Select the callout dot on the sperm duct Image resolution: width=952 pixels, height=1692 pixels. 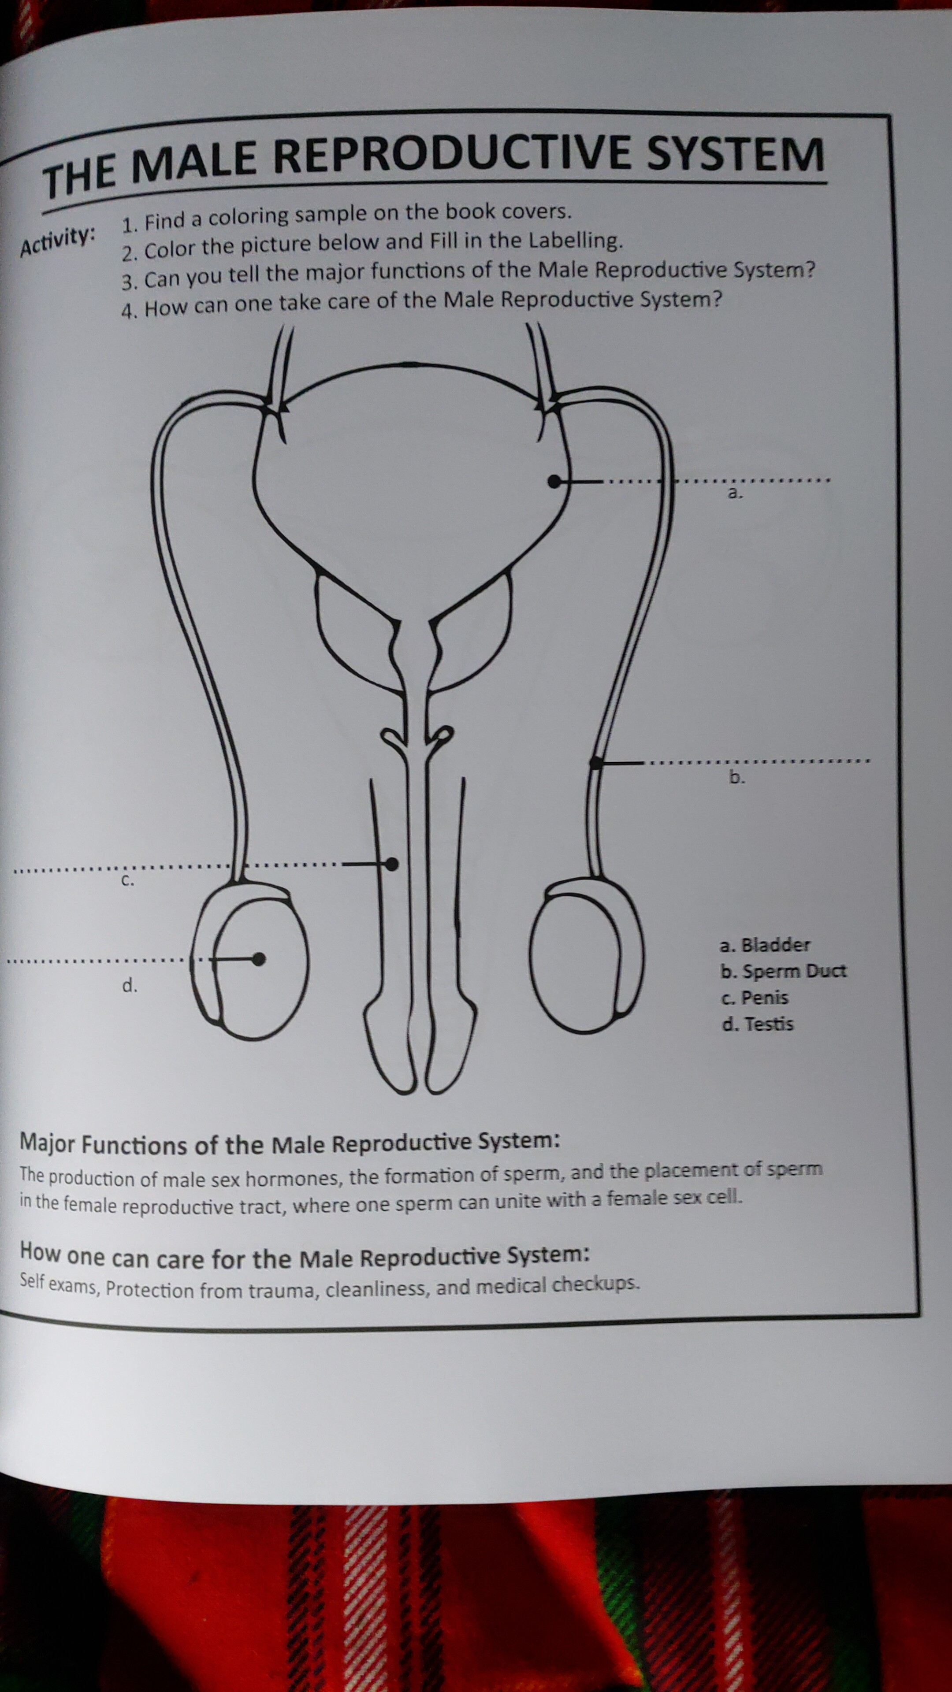(x=596, y=763)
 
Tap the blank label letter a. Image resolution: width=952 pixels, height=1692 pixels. (x=735, y=493)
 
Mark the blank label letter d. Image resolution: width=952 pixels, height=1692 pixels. (x=130, y=985)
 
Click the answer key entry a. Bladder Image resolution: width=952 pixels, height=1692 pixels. (x=765, y=945)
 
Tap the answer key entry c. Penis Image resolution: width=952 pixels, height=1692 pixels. (x=754, y=998)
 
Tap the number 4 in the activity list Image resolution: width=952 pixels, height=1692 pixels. (x=128, y=309)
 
